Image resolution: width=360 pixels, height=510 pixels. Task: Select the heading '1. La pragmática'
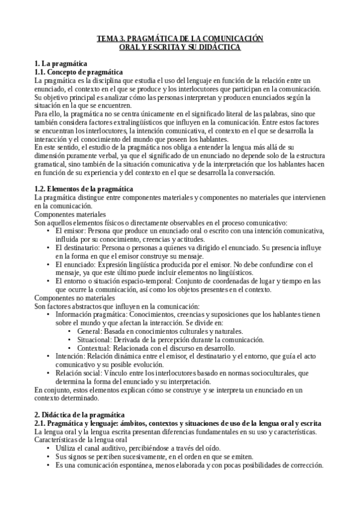[x=61, y=64]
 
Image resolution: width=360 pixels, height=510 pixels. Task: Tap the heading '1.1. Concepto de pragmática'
[x=79, y=72]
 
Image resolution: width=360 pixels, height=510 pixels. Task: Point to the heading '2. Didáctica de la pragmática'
[x=79, y=415]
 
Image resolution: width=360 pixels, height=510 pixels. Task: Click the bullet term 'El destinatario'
[x=75, y=248]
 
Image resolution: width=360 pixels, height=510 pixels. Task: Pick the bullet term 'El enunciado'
[x=73, y=265]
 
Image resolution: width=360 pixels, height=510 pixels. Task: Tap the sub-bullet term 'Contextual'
[x=91, y=348]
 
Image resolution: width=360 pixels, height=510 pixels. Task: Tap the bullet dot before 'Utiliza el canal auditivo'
[x=47, y=449]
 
